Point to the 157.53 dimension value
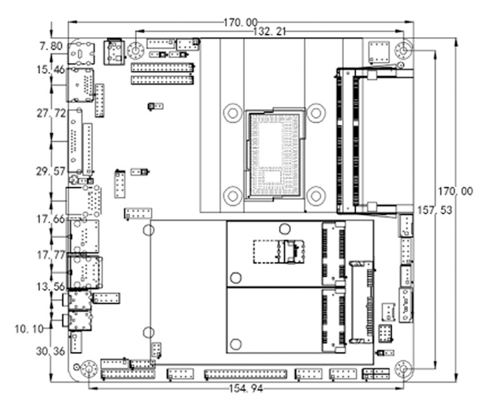pyautogui.click(x=456, y=211)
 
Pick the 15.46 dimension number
pyautogui.click(x=51, y=70)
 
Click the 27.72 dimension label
pyautogui.click(x=51, y=114)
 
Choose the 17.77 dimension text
pyautogui.click(x=51, y=255)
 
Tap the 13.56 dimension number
pyautogui.click(x=51, y=287)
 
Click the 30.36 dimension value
pyautogui.click(x=51, y=351)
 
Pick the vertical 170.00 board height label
pyautogui.click(x=456, y=192)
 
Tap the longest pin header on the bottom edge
pyautogui.click(x=245, y=374)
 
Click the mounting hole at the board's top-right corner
pyautogui.click(x=405, y=50)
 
